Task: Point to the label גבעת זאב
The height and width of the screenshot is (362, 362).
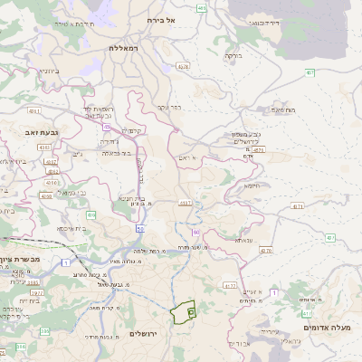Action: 19,132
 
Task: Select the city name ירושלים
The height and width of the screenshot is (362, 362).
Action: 144,334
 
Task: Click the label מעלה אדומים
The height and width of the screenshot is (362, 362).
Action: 332,327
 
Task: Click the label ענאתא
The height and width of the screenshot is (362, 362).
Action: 243,241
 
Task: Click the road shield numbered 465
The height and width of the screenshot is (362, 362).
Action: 202,8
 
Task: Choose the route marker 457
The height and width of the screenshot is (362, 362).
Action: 310,72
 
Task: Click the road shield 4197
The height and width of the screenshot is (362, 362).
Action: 186,204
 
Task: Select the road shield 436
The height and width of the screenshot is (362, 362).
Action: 91,214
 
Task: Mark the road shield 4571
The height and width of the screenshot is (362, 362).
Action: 258,150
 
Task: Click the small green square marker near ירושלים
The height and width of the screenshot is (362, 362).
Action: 191,312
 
